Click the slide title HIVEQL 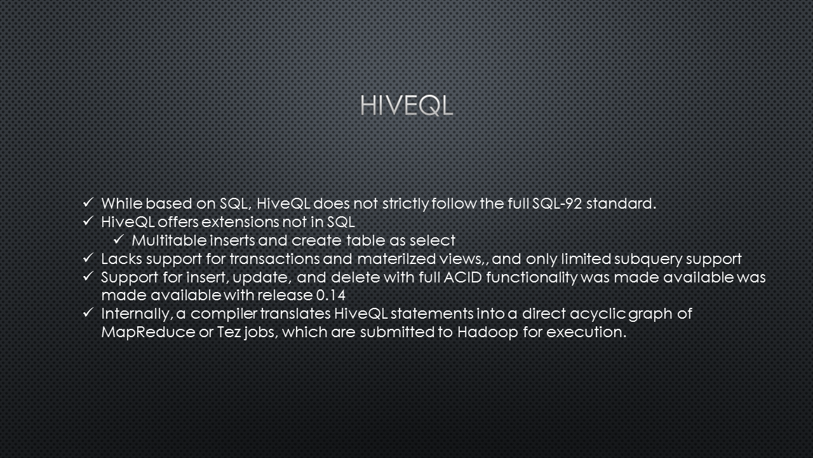click(406, 106)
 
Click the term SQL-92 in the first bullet click(557, 204)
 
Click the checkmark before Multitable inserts click(119, 240)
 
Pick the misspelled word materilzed click(396, 259)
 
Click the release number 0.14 click(331, 295)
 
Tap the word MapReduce click(148, 333)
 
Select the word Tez click(229, 332)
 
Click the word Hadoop click(487, 333)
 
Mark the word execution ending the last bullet click(586, 332)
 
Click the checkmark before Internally click(88, 312)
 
